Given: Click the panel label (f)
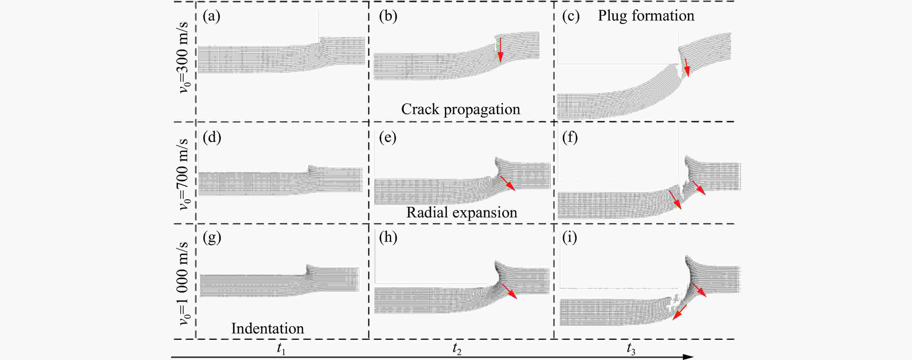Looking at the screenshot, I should (x=570, y=137).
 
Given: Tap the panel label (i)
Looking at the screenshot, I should (x=569, y=237).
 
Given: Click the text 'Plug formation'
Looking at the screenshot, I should (x=646, y=16).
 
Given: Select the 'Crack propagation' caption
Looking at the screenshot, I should (x=460, y=109).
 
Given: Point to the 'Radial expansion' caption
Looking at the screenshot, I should (x=461, y=212).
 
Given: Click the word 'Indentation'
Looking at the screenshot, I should (x=267, y=328).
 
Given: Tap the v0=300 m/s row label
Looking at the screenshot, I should (x=184, y=57).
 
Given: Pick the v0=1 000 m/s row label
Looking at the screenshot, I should (x=184, y=283).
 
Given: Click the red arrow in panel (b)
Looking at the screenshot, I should (x=500, y=50).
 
